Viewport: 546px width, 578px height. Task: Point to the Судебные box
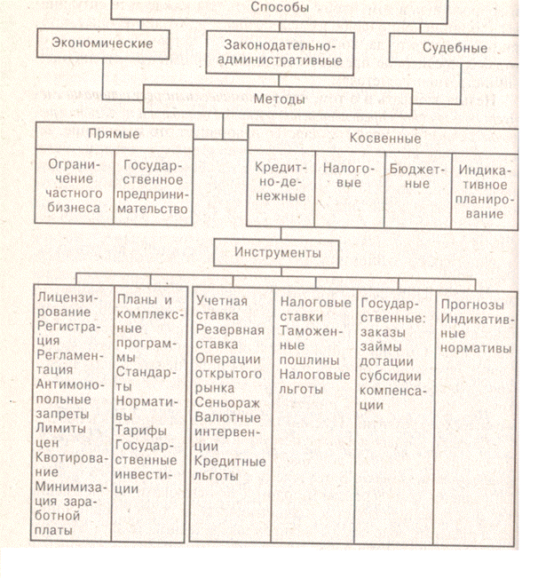point(454,49)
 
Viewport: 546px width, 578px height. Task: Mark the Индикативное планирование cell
point(482,188)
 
